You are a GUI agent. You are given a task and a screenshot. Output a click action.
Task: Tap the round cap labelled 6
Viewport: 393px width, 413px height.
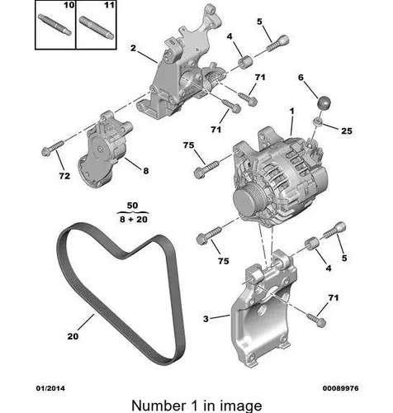pos(324,102)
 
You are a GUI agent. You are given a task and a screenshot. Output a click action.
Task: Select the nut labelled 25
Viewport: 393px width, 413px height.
pos(318,121)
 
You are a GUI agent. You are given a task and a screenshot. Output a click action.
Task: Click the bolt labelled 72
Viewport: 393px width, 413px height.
pos(52,148)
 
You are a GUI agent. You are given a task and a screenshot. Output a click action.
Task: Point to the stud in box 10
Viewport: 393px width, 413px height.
pos(54,25)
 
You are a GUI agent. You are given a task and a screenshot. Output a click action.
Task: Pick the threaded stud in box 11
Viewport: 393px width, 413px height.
pos(97,28)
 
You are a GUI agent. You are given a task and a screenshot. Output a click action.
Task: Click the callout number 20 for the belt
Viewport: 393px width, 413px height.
pos(73,336)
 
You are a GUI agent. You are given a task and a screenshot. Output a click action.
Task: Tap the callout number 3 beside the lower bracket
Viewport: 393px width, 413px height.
pos(206,319)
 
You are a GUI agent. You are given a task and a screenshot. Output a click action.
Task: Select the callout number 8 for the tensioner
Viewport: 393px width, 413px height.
pos(146,171)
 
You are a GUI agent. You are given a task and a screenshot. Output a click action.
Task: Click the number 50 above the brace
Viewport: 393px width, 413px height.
pos(132,205)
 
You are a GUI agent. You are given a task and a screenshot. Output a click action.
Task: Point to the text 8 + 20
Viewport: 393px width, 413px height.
pos(134,219)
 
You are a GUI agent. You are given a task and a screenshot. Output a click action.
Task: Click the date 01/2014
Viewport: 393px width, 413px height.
pos(50,388)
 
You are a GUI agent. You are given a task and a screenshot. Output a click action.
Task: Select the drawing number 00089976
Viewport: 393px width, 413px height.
pos(340,388)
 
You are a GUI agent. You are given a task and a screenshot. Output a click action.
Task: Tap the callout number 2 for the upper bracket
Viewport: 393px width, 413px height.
pos(133,48)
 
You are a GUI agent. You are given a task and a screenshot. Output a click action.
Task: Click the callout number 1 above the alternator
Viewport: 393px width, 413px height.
pos(291,112)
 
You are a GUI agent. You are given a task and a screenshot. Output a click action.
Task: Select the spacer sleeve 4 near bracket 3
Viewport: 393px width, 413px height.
pos(311,244)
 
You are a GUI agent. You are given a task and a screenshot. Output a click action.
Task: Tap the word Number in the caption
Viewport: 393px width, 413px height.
pos(159,406)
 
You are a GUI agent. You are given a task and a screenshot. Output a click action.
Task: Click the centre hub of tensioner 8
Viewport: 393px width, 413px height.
pos(100,149)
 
